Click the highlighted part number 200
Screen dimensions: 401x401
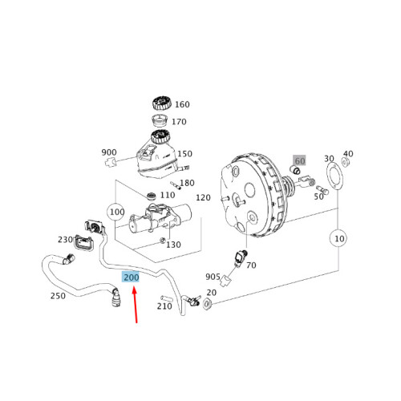coord(130,277)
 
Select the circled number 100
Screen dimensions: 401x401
coord(117,213)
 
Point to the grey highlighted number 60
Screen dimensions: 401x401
coord(299,161)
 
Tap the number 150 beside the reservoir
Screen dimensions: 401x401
coord(184,154)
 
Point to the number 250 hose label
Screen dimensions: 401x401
coord(58,296)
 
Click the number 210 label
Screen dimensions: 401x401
coord(164,306)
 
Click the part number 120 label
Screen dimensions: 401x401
coord(203,197)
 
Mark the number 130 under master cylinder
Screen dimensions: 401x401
coord(173,245)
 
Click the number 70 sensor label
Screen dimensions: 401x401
coord(251,265)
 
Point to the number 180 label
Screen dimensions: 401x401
coord(186,183)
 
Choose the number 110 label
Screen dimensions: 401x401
coord(168,195)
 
